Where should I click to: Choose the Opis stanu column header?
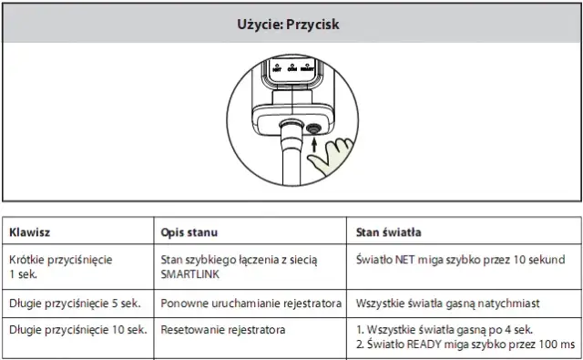point(189,231)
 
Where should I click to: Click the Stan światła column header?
point(388,231)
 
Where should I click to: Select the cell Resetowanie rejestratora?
point(220,329)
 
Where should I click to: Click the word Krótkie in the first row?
point(27,260)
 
